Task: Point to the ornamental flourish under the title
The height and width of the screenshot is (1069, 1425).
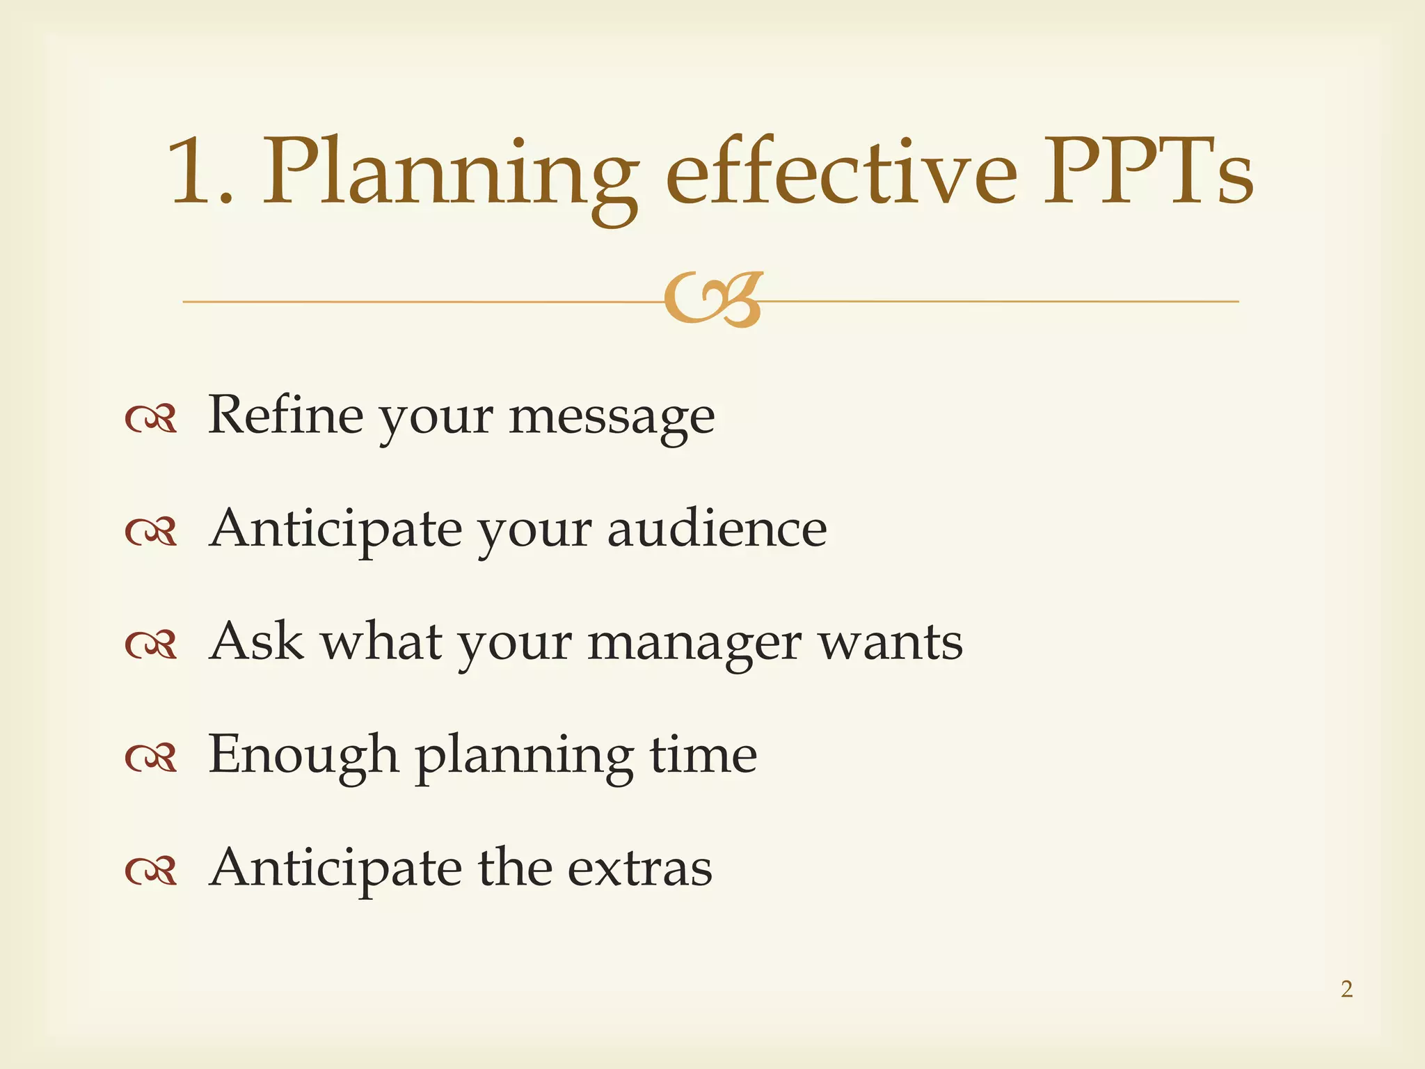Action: click(x=713, y=300)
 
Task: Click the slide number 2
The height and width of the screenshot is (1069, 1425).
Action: click(x=1346, y=989)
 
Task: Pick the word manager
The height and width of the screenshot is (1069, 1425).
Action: click(x=694, y=644)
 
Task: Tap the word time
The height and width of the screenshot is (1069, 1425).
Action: click(x=703, y=754)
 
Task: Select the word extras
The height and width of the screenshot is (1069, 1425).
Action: click(x=639, y=869)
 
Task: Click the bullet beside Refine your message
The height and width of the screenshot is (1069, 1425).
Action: click(x=150, y=419)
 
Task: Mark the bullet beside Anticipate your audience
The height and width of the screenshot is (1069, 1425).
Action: click(x=150, y=532)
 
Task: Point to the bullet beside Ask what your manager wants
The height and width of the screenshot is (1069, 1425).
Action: click(x=150, y=645)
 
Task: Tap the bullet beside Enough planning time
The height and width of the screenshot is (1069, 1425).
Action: click(x=150, y=759)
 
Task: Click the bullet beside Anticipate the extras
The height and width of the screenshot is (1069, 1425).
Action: click(x=150, y=871)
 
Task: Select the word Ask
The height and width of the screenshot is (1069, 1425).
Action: click(x=256, y=641)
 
